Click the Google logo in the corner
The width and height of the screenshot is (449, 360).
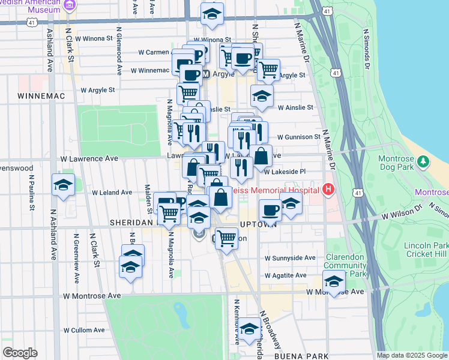click(x=20, y=353)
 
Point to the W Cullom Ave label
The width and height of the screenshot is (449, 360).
click(x=83, y=330)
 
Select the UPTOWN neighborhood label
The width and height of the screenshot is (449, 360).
click(x=258, y=224)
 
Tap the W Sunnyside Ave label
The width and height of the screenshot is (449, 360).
click(x=291, y=258)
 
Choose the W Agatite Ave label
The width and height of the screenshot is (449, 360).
click(x=287, y=276)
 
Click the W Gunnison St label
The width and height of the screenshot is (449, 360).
click(x=298, y=137)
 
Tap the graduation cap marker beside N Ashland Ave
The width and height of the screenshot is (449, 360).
click(x=62, y=186)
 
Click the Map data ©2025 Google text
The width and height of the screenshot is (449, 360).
click(x=411, y=355)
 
